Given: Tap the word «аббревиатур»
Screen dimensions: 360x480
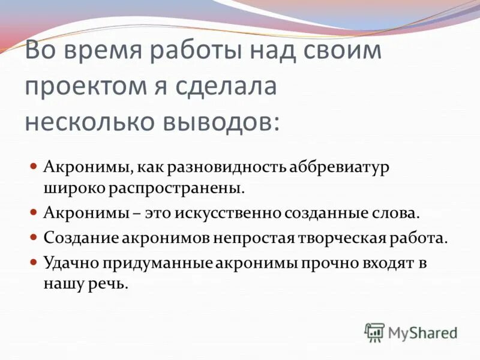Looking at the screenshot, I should [340, 166].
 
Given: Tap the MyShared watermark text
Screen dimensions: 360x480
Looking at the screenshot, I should [422, 332].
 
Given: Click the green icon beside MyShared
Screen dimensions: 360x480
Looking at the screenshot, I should [374, 332].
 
